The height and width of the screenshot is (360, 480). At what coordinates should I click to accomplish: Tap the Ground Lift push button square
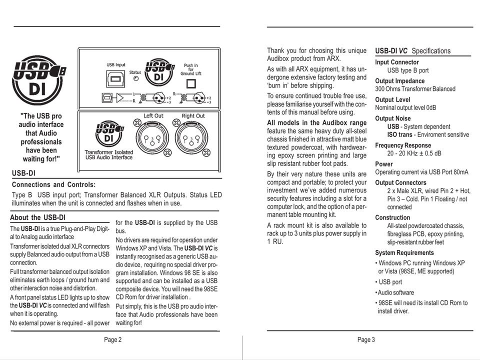click(x=190, y=83)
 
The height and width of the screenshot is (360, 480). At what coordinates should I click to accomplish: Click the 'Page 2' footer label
click(x=112, y=340)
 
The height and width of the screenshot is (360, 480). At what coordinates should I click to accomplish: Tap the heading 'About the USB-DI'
click(x=37, y=217)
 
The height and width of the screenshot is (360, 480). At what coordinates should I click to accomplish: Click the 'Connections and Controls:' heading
click(x=53, y=184)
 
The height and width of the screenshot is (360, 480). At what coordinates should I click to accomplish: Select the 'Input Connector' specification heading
click(x=397, y=62)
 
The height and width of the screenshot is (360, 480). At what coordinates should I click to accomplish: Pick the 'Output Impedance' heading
click(x=399, y=81)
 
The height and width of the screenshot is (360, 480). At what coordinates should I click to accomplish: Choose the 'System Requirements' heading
click(x=404, y=252)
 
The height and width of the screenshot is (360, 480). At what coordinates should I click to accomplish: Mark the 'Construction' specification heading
click(x=392, y=217)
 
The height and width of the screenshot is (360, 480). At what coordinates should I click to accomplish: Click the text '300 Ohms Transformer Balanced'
click(x=415, y=89)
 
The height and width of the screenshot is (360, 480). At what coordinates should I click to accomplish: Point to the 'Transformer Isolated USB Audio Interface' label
click(x=109, y=154)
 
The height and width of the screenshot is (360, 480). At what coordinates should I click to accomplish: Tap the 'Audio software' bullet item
click(x=395, y=292)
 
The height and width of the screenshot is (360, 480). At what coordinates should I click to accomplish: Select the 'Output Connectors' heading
click(x=400, y=182)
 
